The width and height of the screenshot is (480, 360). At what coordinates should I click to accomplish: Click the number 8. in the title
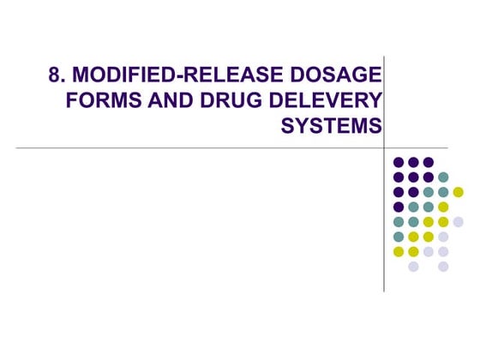pyautogui.click(x=58, y=76)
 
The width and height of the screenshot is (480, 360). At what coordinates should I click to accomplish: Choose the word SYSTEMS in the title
pyautogui.click(x=332, y=126)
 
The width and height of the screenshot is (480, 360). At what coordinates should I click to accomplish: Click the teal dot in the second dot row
pyautogui.click(x=443, y=177)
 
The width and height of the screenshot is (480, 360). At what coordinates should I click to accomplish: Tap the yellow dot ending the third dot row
pyautogui.click(x=458, y=191)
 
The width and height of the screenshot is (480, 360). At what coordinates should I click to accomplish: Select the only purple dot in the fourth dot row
pyautogui.click(x=398, y=207)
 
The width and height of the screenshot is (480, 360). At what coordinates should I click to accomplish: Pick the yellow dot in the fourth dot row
pyautogui.click(x=443, y=207)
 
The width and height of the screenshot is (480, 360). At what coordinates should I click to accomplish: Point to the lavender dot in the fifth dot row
pyautogui.click(x=458, y=221)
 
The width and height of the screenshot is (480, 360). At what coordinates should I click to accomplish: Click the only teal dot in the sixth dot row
pyautogui.click(x=398, y=237)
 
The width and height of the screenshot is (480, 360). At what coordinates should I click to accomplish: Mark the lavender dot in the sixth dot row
pyautogui.click(x=443, y=237)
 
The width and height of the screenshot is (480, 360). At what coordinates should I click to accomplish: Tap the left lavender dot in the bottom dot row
pyautogui.click(x=413, y=267)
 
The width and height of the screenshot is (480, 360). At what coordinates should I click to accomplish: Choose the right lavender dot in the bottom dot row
pyautogui.click(x=443, y=267)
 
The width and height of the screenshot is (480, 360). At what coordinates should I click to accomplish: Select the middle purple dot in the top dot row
pyautogui.click(x=413, y=162)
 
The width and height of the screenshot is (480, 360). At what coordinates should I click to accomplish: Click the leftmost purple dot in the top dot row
pyautogui.click(x=398, y=162)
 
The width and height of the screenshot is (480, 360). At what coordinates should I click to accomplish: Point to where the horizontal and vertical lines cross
pyautogui.click(x=384, y=147)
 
